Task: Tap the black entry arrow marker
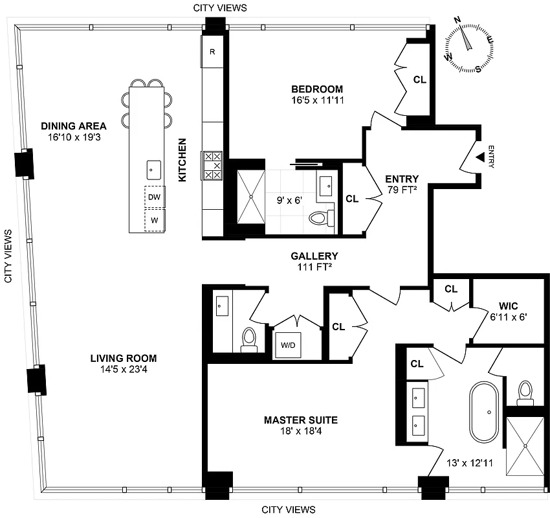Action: click(479, 157)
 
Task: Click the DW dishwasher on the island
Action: click(154, 196)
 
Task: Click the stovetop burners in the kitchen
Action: click(213, 166)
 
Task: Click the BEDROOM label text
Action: click(316, 89)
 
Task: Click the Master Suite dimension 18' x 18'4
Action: click(300, 432)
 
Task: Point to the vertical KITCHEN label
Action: click(182, 159)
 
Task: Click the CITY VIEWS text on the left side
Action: click(9, 256)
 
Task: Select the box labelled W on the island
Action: click(154, 220)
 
